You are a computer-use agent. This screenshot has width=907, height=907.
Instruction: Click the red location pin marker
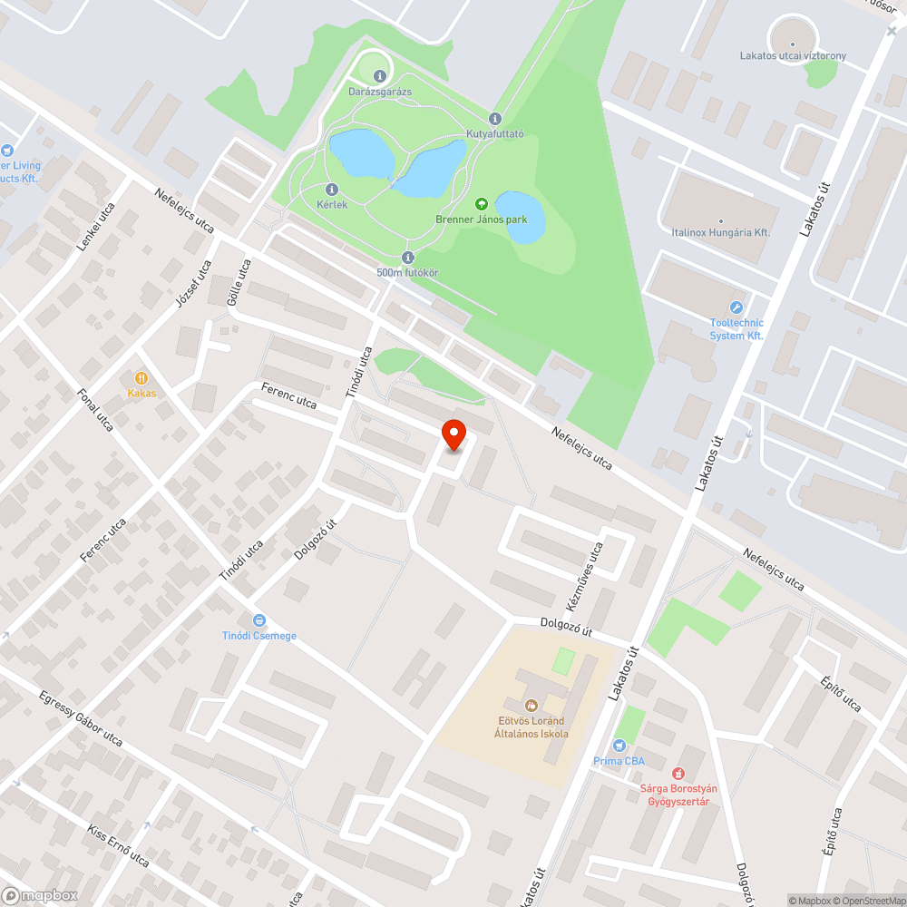click(453, 435)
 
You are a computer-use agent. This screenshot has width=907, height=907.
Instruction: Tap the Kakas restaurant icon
click(141, 377)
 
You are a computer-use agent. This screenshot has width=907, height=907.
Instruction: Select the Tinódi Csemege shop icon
click(259, 620)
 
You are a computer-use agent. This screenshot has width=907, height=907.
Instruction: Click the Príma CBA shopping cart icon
click(619, 746)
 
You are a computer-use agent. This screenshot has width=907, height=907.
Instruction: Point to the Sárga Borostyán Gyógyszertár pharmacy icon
click(677, 774)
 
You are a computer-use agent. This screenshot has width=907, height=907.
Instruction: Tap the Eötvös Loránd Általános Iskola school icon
click(532, 705)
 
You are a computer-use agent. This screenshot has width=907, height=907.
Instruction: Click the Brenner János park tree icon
click(481, 204)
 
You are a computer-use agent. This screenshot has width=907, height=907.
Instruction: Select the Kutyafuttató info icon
click(494, 119)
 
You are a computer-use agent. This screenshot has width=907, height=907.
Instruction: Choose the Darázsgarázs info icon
click(380, 76)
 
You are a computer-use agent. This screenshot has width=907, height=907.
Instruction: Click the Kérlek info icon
click(331, 189)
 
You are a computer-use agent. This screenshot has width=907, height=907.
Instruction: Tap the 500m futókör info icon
click(407, 257)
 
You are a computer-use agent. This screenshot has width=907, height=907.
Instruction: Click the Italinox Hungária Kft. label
click(721, 232)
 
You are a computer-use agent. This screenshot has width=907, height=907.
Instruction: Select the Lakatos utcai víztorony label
click(792, 56)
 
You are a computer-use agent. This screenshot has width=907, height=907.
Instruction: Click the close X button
click(892, 31)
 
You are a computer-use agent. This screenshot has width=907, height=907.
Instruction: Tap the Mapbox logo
click(40, 895)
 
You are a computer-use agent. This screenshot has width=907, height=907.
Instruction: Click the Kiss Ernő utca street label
click(117, 845)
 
